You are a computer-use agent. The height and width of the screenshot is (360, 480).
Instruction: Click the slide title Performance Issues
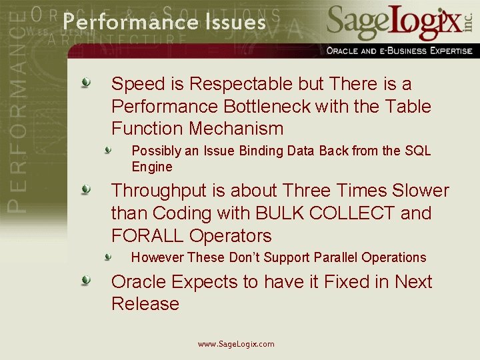tap(164, 22)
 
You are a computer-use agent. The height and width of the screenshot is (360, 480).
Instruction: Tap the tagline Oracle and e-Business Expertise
tap(399, 51)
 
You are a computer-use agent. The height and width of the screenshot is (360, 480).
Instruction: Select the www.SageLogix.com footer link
tap(236, 344)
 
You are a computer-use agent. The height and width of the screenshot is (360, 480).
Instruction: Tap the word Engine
tap(152, 167)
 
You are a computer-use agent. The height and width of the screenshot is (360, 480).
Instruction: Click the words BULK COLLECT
tap(323, 213)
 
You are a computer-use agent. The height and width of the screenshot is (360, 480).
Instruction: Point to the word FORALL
tap(148, 236)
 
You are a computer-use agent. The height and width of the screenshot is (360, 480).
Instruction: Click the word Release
tap(145, 304)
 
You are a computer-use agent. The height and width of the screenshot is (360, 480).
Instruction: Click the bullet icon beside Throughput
tap(86, 191)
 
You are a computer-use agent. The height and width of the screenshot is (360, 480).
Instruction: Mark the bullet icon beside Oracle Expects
tap(86, 281)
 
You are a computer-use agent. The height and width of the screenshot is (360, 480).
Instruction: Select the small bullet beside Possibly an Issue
tap(108, 151)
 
